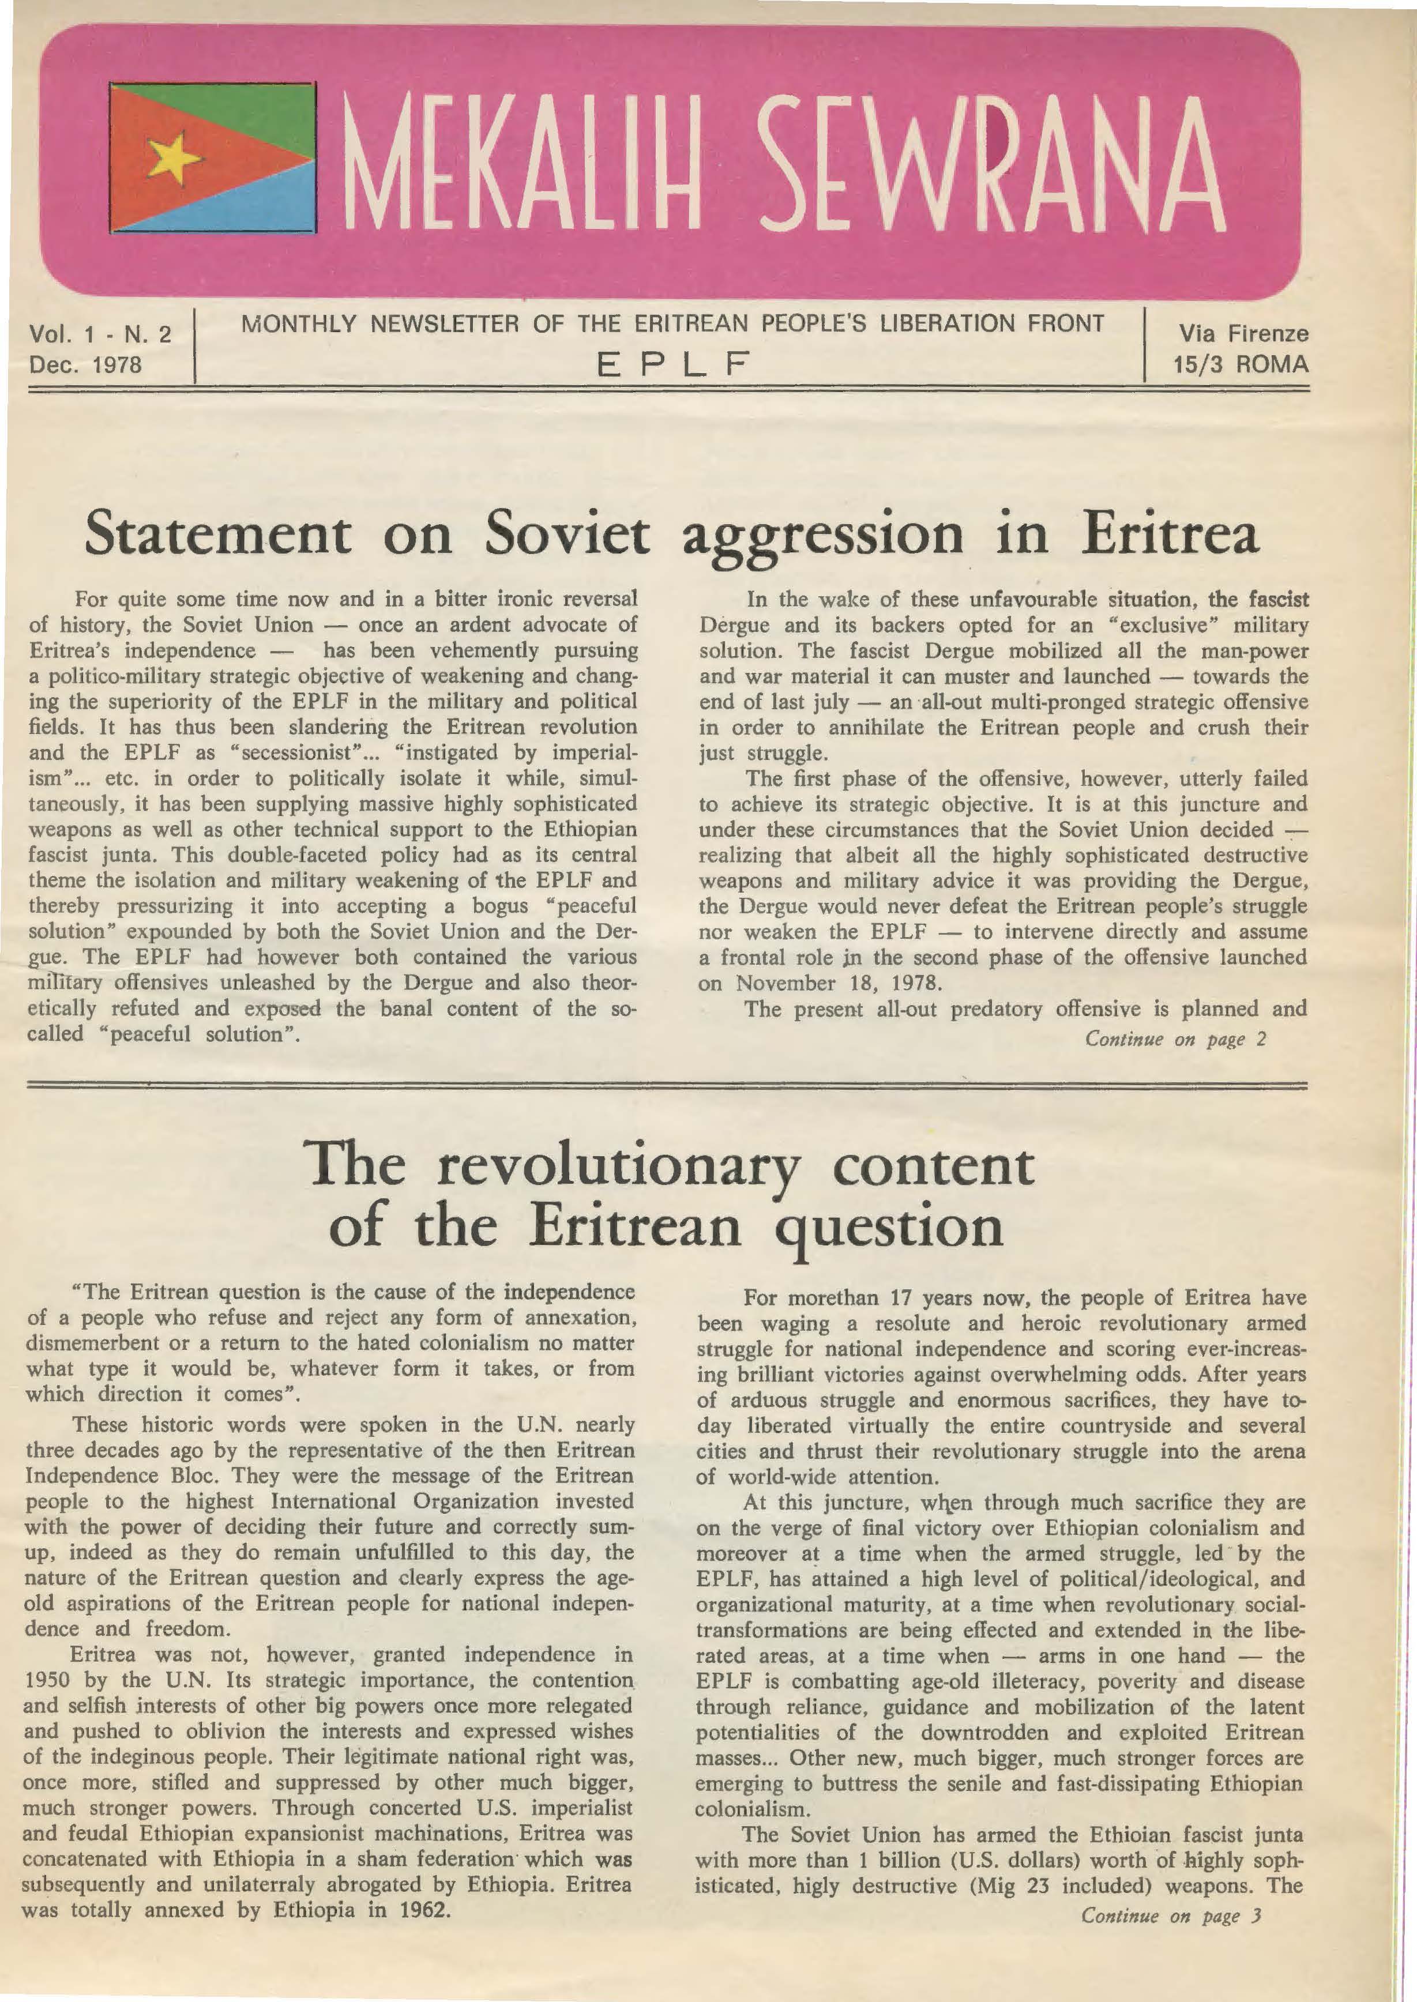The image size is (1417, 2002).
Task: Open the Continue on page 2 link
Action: (x=1174, y=1039)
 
